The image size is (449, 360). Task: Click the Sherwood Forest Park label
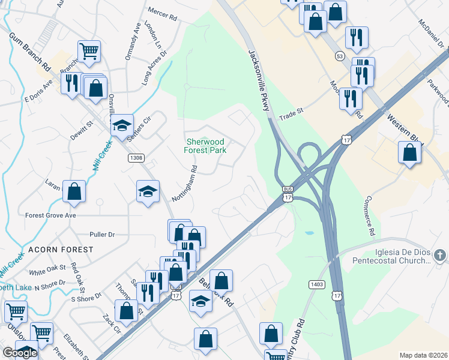pyautogui.click(x=205, y=145)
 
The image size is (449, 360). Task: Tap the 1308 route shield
pyautogui.click(x=136, y=158)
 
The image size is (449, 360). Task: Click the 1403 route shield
pyautogui.click(x=318, y=283)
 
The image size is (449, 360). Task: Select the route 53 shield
pyautogui.click(x=340, y=56)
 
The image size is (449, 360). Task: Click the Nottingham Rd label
pyautogui.click(x=193, y=179)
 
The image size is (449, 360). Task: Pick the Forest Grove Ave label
pyautogui.click(x=50, y=215)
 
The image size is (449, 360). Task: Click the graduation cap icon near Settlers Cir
pyautogui.click(x=122, y=125)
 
